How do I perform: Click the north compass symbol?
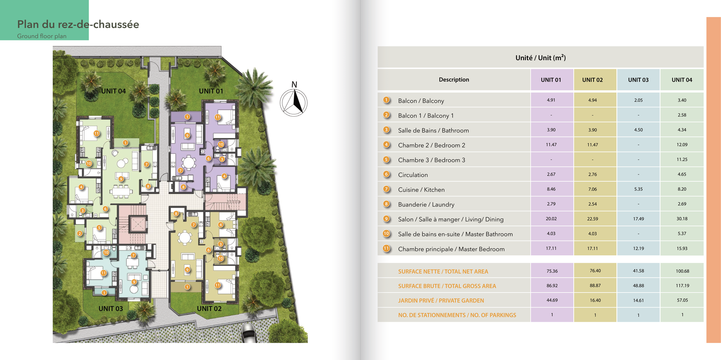click(294, 102)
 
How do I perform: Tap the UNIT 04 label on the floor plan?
click(113, 91)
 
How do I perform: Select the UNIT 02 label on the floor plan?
click(209, 309)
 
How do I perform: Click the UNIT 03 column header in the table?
click(638, 80)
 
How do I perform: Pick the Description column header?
click(454, 80)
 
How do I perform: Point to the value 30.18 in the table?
click(682, 219)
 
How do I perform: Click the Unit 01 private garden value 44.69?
click(552, 300)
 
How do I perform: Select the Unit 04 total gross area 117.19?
click(682, 286)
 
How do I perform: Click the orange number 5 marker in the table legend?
click(386, 160)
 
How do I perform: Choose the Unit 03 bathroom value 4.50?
click(638, 130)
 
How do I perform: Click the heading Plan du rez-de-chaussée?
click(78, 24)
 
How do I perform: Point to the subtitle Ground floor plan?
click(42, 36)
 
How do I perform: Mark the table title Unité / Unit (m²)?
click(540, 58)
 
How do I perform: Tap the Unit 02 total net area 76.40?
click(595, 271)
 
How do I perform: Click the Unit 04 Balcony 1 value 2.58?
click(682, 115)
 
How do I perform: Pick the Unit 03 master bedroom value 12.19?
click(638, 248)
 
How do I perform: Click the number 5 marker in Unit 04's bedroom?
click(99, 228)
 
